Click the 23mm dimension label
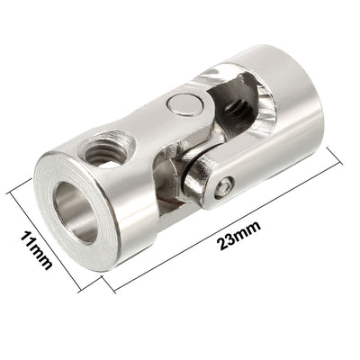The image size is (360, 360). tap(239, 236)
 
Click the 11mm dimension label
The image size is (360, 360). tap(37, 249)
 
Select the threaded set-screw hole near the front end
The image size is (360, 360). tap(104, 150)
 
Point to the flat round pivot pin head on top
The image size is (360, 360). tap(185, 104)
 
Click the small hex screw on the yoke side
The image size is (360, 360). tap(224, 188)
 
